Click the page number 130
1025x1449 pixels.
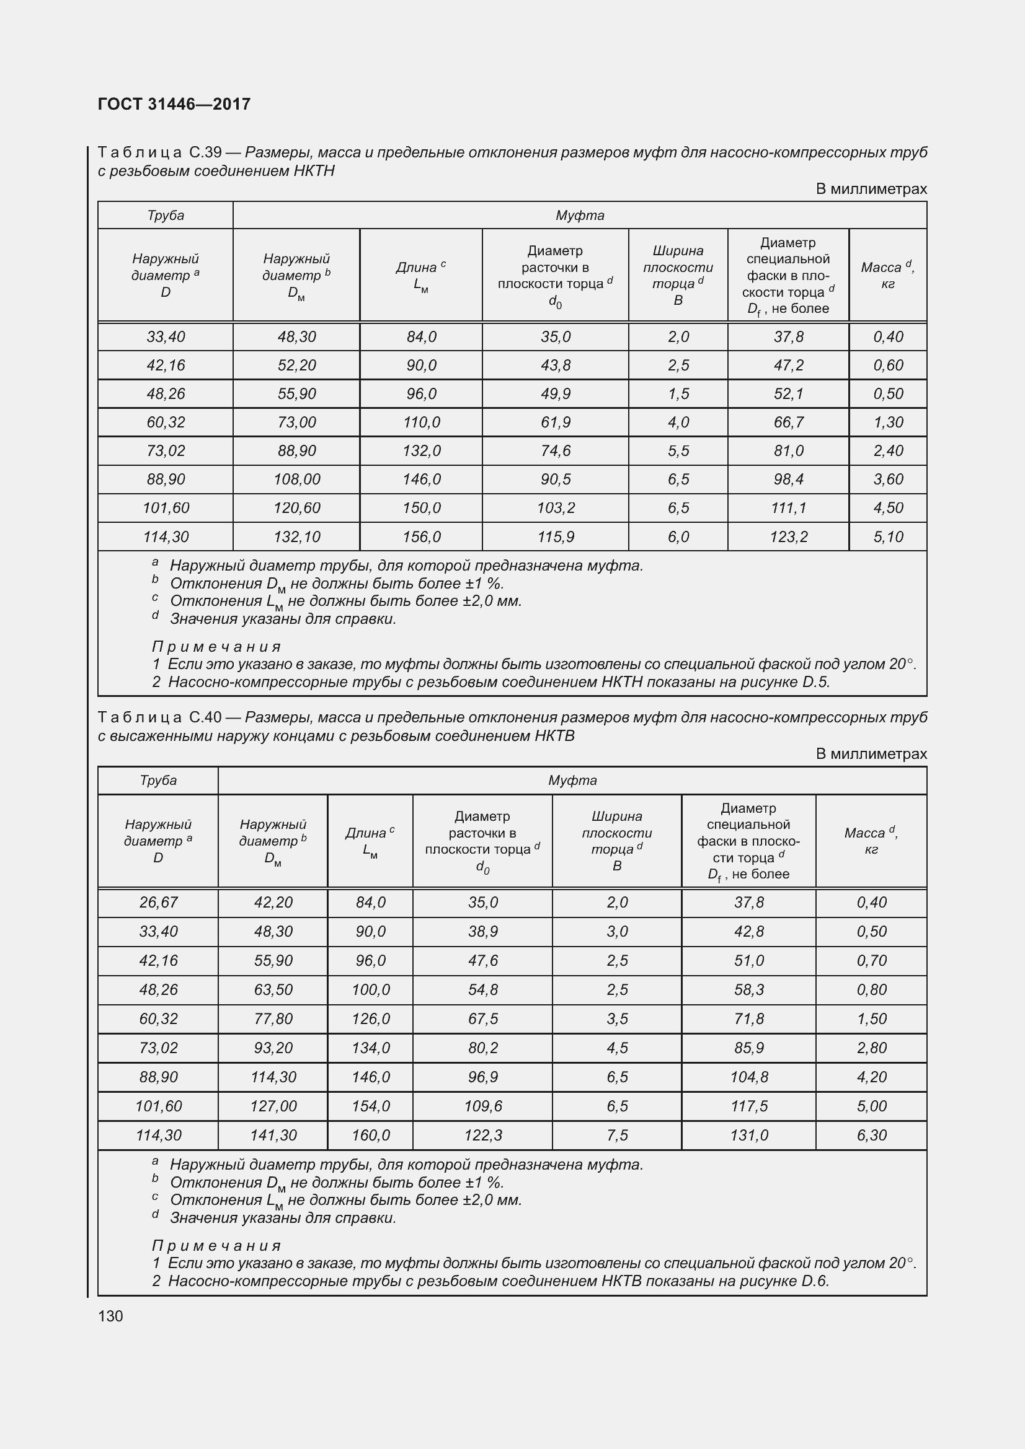point(110,1316)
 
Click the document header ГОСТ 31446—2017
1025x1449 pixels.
point(174,104)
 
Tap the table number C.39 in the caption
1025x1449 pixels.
point(205,153)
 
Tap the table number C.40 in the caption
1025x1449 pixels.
point(205,717)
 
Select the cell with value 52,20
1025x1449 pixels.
point(296,366)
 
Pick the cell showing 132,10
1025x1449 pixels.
point(296,537)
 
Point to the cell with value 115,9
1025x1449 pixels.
point(555,537)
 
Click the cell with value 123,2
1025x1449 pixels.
point(788,537)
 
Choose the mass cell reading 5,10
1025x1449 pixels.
point(888,537)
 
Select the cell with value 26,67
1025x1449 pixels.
point(158,903)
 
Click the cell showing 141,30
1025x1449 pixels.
point(273,1136)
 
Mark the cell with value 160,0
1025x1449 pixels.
point(371,1136)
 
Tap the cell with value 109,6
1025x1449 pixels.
point(482,1106)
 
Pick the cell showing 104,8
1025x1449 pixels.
point(749,1077)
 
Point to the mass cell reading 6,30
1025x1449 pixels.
point(872,1136)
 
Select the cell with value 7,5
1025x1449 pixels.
point(617,1136)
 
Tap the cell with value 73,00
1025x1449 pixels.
point(296,423)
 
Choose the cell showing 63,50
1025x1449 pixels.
point(273,989)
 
